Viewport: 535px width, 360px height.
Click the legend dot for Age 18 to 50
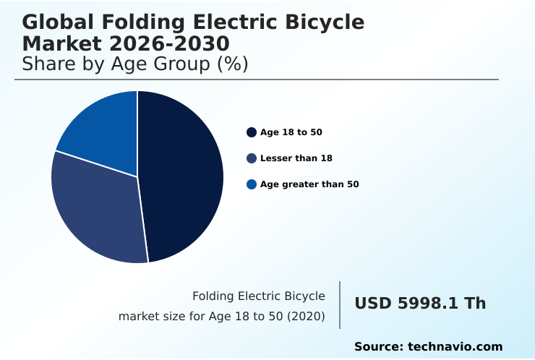(x=252, y=132)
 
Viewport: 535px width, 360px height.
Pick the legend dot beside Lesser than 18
(x=252, y=158)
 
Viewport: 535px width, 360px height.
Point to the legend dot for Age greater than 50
(x=252, y=184)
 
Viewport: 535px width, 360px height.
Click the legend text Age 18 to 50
(x=291, y=132)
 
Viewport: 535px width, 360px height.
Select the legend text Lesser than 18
(x=296, y=158)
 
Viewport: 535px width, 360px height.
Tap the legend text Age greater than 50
(x=309, y=184)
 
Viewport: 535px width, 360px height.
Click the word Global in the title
(x=57, y=22)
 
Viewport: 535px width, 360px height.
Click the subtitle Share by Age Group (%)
(x=135, y=64)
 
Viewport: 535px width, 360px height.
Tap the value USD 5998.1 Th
(x=420, y=304)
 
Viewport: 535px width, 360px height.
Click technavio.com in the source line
(x=455, y=347)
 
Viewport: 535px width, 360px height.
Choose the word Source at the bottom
(x=378, y=347)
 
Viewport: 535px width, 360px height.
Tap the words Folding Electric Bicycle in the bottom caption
(x=259, y=296)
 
